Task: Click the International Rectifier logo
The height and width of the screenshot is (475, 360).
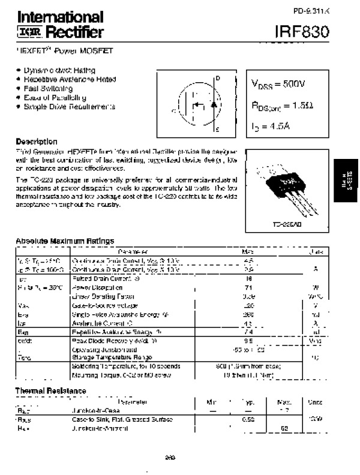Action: point(59,25)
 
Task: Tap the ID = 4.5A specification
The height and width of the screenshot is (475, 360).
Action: point(271,127)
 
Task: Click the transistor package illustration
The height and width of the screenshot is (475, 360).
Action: point(283,188)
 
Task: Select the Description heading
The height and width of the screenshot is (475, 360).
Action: point(37,142)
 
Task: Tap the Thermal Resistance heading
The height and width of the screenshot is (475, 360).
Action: point(50,391)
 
